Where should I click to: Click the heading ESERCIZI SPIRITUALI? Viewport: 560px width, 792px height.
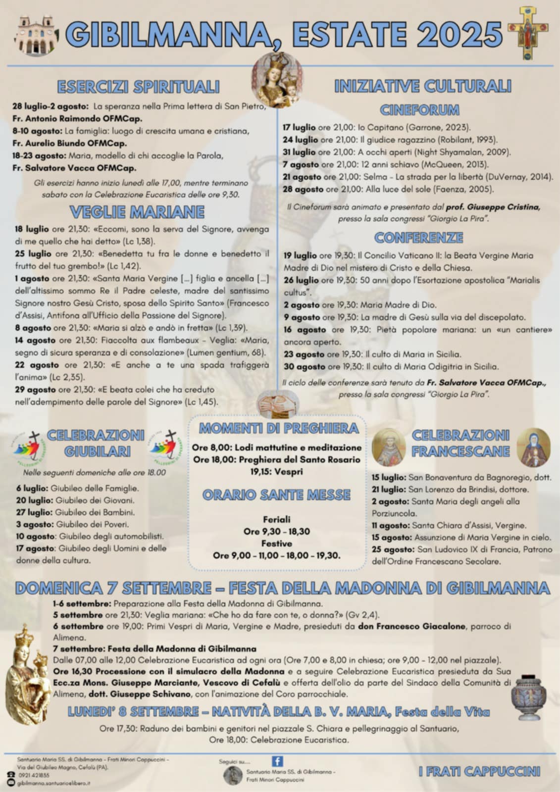pyautogui.click(x=138, y=87)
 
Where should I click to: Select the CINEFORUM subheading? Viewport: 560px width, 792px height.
pyautogui.click(x=419, y=109)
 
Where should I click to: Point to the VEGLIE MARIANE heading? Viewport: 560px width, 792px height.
pyautogui.click(x=137, y=212)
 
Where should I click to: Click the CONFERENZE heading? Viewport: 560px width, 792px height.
pyautogui.click(x=418, y=238)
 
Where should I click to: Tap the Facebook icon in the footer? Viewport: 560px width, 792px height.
pyautogui.click(x=277, y=761)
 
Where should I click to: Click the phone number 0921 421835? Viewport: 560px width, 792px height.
pyautogui.click(x=33, y=775)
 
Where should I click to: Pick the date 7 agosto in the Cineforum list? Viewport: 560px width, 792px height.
pyautogui.click(x=301, y=164)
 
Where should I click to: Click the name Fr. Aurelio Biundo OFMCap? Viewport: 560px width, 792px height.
pyautogui.click(x=69, y=144)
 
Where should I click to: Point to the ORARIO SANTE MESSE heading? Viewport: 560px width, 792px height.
pyautogui.click(x=276, y=495)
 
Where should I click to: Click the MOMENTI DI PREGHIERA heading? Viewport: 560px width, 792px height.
pyautogui.click(x=278, y=428)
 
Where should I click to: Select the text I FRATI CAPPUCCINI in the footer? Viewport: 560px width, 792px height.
pyautogui.click(x=479, y=771)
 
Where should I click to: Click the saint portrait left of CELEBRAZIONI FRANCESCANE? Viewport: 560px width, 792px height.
pyautogui.click(x=388, y=447)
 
